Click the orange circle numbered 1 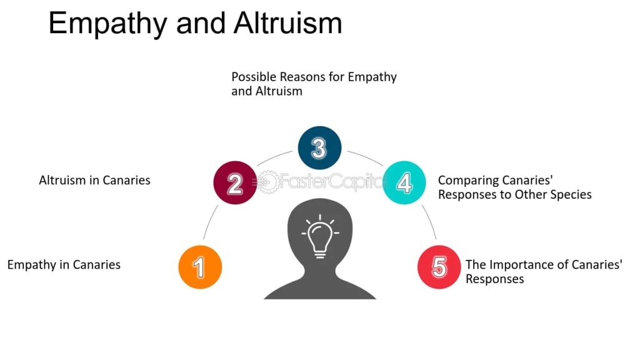(x=200, y=267)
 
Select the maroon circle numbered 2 (x=235, y=182)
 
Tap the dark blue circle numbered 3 (x=319, y=148)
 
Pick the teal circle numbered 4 (x=404, y=182)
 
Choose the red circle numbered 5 (x=439, y=267)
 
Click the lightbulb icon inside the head (x=320, y=236)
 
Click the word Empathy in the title (x=106, y=24)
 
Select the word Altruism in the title (x=288, y=24)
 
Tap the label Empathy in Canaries (x=64, y=264)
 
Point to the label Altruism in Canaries (x=94, y=180)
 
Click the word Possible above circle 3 (x=255, y=77)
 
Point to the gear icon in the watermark (x=267, y=182)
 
